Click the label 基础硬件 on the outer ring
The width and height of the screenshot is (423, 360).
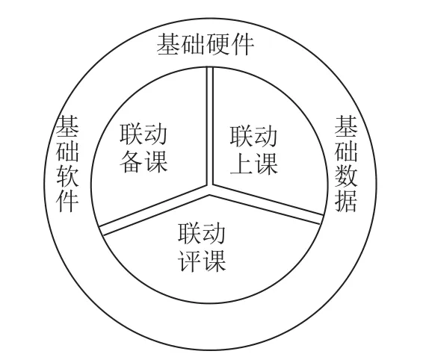[x=206, y=45]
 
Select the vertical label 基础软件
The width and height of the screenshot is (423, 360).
[x=67, y=164]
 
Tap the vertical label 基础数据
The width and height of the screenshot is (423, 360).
[x=346, y=164]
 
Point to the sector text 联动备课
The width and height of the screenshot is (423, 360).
[x=143, y=148]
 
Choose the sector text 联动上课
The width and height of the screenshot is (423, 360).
[x=253, y=150]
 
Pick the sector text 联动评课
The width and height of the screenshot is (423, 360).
[x=202, y=246]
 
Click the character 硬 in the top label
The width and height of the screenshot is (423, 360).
[x=217, y=45]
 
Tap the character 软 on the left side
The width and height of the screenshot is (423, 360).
[x=67, y=176]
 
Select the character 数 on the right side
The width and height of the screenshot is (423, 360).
[x=346, y=176]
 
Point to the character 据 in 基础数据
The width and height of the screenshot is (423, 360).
[x=346, y=201]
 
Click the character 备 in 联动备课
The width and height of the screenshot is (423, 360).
[x=131, y=161]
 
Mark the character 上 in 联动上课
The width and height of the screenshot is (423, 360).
[x=241, y=164]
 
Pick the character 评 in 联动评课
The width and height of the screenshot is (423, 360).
[x=189, y=260]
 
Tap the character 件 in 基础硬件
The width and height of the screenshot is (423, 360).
[x=242, y=45]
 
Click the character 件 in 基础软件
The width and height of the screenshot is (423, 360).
[x=67, y=201]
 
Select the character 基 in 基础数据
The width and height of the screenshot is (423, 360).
[x=346, y=127]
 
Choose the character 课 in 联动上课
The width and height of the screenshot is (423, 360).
[x=266, y=164]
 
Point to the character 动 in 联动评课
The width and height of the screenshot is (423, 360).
[x=214, y=233]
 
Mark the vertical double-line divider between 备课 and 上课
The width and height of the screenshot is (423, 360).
[x=210, y=126]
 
